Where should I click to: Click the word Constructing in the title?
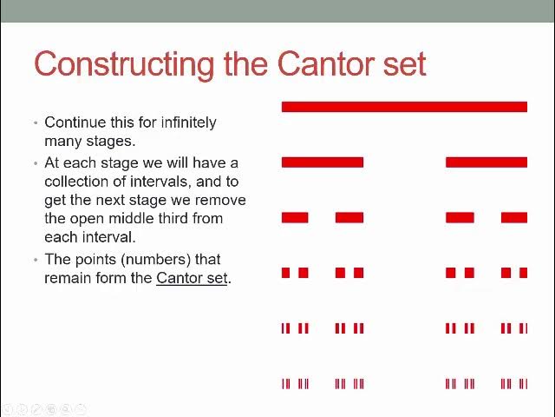click(124, 64)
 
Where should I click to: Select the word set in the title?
click(405, 65)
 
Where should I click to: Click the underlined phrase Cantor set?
click(192, 278)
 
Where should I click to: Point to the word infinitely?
click(189, 122)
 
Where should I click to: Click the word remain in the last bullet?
click(66, 278)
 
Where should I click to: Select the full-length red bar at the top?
click(405, 107)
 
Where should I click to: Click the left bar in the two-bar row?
click(323, 162)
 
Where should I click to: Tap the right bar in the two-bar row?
click(486, 162)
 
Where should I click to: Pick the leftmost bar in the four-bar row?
click(295, 218)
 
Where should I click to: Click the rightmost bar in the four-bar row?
click(514, 218)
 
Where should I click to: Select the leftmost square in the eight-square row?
click(285, 273)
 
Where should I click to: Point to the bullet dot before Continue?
click(36, 123)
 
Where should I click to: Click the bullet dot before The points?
click(36, 260)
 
